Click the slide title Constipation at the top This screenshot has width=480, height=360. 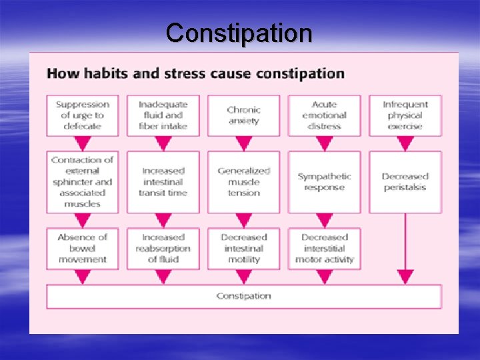point(239,32)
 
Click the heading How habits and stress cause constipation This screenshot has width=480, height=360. point(195,73)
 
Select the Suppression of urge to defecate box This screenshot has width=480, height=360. point(83,115)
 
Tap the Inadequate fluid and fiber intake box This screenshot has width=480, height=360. point(163,115)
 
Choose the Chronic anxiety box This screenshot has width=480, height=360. point(243,115)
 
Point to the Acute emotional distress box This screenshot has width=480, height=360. point(324,115)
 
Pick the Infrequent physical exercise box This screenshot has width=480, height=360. point(405,115)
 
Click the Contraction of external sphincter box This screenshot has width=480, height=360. point(83,182)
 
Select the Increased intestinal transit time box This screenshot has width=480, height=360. point(163,182)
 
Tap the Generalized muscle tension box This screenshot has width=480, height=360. point(243,182)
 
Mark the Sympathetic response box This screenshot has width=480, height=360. point(324,182)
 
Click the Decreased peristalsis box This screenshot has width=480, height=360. point(405,182)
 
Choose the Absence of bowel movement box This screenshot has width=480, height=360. point(83,248)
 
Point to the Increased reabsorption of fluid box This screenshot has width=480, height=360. point(163,248)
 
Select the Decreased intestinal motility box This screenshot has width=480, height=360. point(243,248)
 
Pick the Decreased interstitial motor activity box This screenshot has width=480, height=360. point(324,248)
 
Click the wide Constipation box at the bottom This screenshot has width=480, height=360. point(243,296)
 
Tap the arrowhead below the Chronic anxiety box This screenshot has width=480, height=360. point(243,143)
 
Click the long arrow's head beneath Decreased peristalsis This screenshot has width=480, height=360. point(405,277)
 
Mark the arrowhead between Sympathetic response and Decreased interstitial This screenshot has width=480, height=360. point(324,220)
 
